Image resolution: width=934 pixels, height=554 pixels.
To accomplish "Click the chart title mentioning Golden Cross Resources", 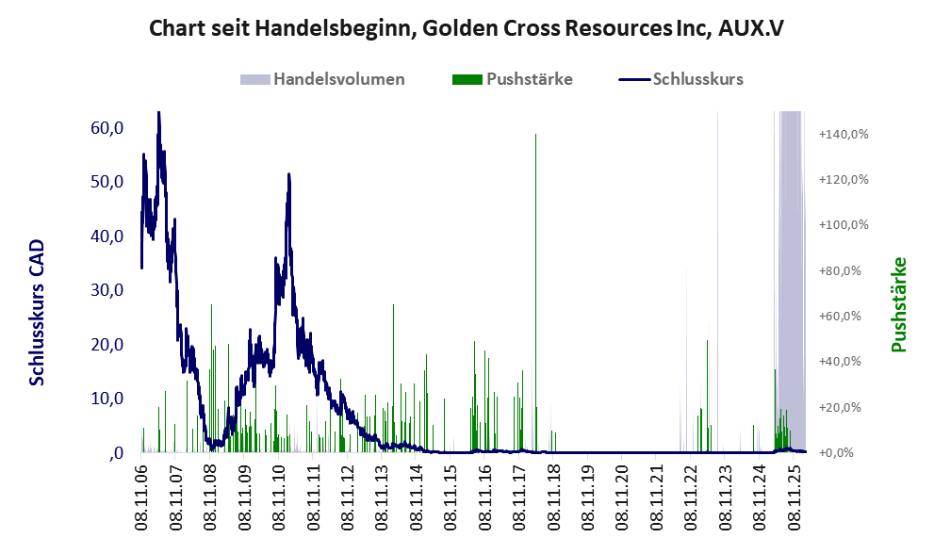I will pos(467,28).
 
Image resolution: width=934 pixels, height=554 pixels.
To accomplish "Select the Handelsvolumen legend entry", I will pos(338,79).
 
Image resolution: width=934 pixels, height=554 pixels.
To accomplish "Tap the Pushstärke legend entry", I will pos(529,79).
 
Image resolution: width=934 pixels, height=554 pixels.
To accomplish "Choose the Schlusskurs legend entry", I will pos(697,79).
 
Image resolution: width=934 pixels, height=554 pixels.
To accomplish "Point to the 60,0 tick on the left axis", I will pos(106,127).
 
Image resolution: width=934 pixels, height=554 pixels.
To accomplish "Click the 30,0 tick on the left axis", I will pos(106,290).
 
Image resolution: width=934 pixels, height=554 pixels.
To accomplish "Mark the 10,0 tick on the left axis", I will pos(106,399).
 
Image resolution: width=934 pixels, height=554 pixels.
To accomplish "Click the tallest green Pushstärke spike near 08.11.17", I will pos(535,137).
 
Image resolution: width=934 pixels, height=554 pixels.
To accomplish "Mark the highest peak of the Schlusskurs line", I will pos(158,114).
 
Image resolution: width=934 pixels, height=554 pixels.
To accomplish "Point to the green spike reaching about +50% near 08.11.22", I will pos(707,341).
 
